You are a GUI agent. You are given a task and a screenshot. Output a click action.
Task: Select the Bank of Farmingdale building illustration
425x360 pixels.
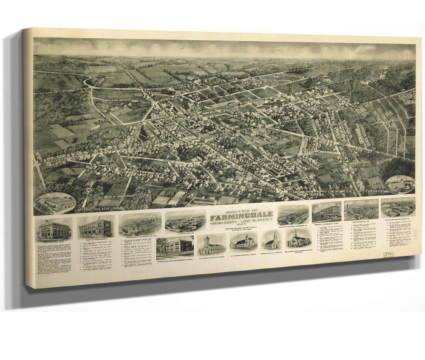click(96, 227)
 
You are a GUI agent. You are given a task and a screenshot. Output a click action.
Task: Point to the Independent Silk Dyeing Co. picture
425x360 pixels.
click(140, 224)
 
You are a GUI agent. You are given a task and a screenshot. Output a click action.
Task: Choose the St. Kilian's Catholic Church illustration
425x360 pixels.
click(211, 245)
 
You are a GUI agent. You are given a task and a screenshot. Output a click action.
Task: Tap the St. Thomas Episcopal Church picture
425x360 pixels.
click(243, 242)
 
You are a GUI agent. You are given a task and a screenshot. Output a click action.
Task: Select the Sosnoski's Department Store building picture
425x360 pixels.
click(326, 211)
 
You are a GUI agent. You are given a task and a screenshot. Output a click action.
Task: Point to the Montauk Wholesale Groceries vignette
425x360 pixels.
click(293, 215)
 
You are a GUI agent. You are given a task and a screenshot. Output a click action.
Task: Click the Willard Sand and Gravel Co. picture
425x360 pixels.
click(398, 207)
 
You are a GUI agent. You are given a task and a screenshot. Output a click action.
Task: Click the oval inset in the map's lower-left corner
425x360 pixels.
click(55, 203)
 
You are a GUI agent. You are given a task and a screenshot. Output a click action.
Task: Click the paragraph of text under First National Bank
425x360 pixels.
click(54, 259)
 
